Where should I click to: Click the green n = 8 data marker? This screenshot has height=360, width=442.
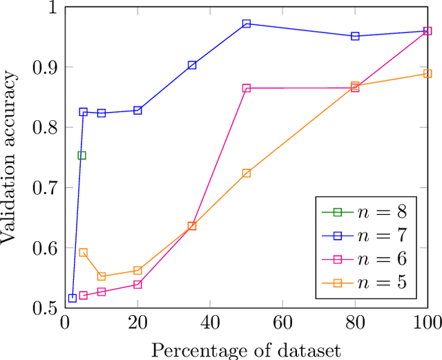(x=82, y=155)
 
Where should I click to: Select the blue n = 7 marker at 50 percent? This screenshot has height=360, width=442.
(x=247, y=23)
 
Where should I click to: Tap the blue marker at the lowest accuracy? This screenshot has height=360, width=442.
(x=73, y=299)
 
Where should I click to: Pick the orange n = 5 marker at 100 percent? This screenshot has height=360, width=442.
(x=427, y=73)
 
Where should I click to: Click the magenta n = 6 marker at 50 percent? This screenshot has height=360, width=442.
(x=247, y=88)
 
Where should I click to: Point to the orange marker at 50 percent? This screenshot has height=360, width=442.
(x=247, y=173)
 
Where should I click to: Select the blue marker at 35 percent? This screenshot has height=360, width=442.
(x=192, y=65)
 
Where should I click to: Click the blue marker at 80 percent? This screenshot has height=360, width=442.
(x=355, y=36)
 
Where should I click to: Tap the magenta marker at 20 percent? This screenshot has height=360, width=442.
(x=137, y=285)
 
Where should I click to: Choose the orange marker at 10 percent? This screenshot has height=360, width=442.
(x=102, y=276)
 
